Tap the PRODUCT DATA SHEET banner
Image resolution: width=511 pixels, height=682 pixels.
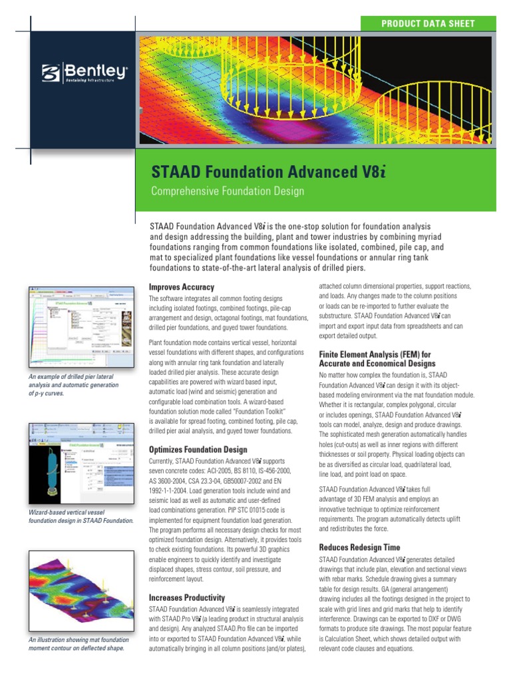coord(427,23)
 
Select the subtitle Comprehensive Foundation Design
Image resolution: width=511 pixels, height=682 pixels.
coord(228,192)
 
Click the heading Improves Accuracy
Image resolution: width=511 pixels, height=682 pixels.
coord(182,287)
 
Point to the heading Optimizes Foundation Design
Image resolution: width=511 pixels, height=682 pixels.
coord(198,450)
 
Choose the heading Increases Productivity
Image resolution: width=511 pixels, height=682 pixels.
coord(187,598)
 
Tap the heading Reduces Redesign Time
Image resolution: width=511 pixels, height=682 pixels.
coord(359,547)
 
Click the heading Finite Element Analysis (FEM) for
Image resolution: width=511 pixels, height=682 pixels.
coord(375,354)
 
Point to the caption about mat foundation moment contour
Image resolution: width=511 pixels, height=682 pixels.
coord(76,643)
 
